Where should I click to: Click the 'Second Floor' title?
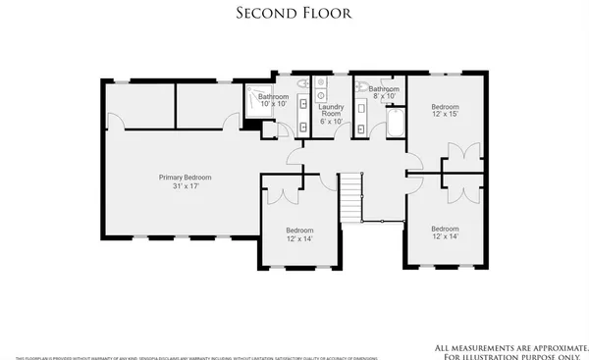[294, 13]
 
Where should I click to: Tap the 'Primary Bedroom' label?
[186, 178]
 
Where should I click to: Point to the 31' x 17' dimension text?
[186, 186]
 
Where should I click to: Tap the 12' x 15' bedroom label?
[444, 109]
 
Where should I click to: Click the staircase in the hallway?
[351, 196]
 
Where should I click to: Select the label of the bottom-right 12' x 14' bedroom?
[444, 232]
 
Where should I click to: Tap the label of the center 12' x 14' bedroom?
[299, 233]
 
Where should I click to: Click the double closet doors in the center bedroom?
[283, 192]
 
